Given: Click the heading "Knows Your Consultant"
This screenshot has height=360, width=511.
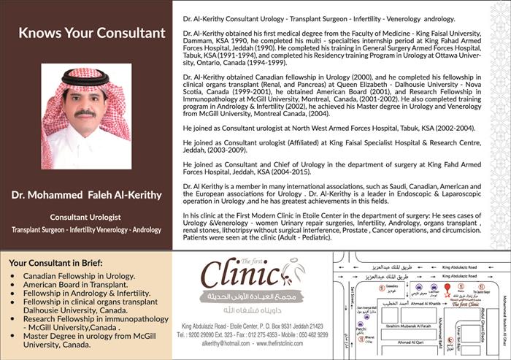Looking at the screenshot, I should (x=92, y=33).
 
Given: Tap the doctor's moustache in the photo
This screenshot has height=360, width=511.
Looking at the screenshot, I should (x=85, y=112).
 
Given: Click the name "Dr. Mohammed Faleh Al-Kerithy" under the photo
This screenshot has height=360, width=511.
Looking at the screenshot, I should (x=86, y=195).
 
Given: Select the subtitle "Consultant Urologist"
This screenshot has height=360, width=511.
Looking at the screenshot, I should (x=86, y=217).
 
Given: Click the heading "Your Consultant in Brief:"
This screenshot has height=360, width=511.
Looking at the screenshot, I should (x=55, y=263).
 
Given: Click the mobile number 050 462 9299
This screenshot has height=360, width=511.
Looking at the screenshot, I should (x=310, y=334).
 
